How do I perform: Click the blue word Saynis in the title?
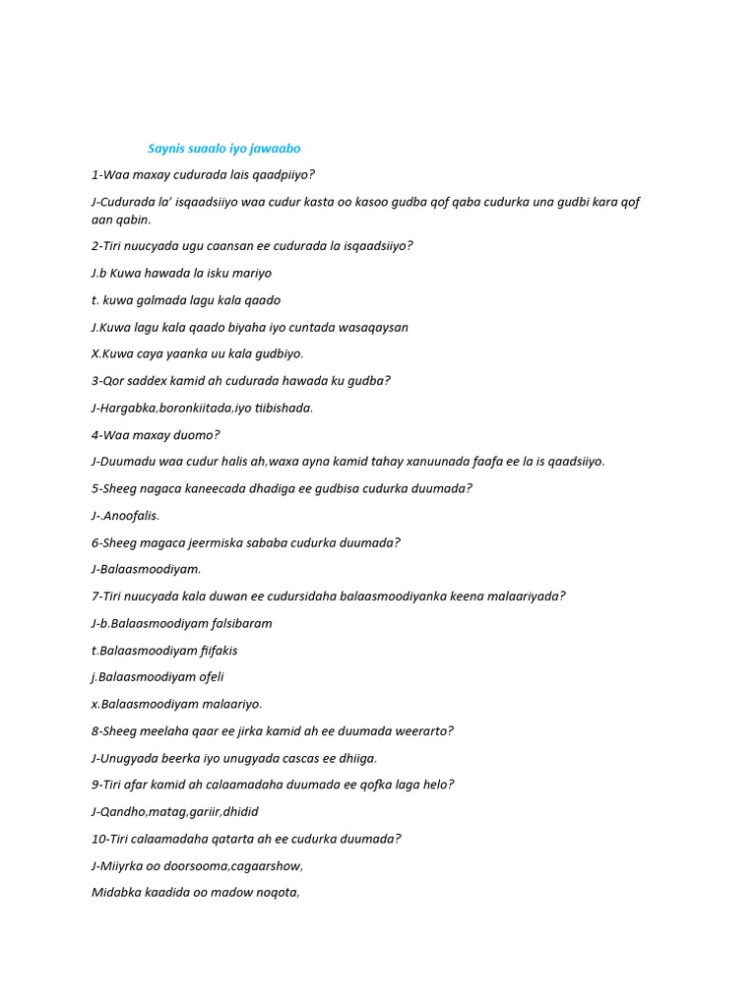click(166, 149)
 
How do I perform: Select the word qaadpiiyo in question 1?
click(283, 175)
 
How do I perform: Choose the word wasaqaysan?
click(371, 327)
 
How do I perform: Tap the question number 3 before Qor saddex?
click(95, 381)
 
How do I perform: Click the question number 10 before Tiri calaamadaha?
click(98, 839)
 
